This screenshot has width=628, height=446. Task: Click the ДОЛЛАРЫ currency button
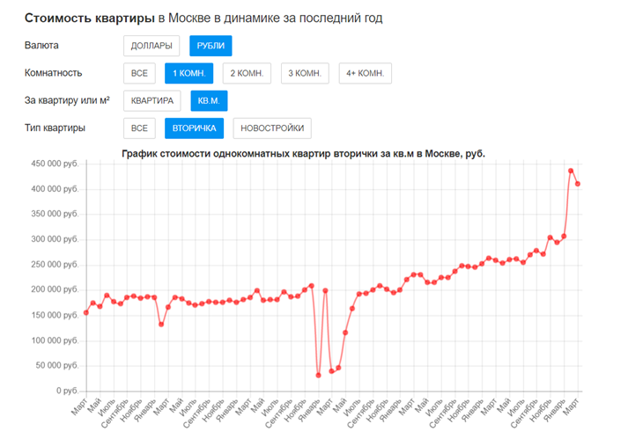click(151, 46)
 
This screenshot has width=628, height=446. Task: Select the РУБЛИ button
click(211, 46)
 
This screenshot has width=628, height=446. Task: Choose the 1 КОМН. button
click(188, 73)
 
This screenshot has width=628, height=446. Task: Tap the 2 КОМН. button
click(247, 73)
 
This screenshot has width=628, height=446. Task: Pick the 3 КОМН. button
click(305, 73)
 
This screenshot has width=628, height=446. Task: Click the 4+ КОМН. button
click(365, 73)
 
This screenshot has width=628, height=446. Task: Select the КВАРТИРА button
click(152, 101)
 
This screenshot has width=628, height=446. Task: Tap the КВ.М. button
click(209, 101)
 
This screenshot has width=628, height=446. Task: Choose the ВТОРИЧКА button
click(195, 128)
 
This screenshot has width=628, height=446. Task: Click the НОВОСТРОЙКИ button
click(272, 128)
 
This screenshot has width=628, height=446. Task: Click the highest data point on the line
click(571, 171)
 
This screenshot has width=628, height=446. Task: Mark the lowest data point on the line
click(319, 375)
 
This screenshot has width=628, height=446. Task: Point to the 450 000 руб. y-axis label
click(55, 164)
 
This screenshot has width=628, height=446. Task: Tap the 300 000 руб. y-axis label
click(55, 239)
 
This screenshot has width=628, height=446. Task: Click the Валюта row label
click(43, 45)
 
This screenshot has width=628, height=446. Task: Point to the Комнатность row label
click(55, 72)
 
